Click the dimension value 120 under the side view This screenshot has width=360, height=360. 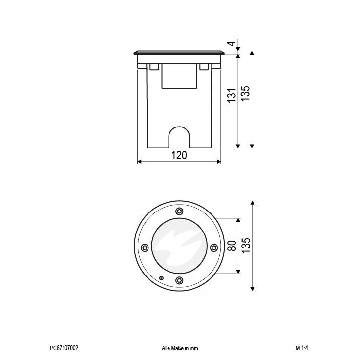click(179, 155)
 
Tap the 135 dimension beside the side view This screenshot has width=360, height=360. click(246, 93)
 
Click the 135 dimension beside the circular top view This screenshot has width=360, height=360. click(246, 246)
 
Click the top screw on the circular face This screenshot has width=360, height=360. click(179, 211)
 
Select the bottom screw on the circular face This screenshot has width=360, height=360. click(179, 280)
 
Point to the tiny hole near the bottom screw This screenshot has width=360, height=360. click(162, 277)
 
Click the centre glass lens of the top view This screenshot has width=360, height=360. click(179, 246)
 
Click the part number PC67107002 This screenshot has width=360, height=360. click(64, 348)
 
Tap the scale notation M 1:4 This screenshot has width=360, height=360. click(302, 348)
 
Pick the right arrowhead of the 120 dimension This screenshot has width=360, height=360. click(218, 162)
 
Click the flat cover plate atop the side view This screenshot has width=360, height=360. click(179, 52)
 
